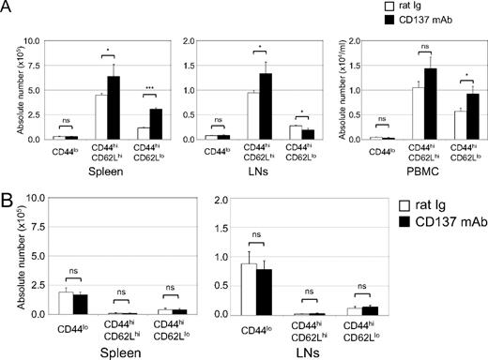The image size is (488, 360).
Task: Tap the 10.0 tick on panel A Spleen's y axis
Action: (31, 41)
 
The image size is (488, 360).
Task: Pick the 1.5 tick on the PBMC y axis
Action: (342, 66)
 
